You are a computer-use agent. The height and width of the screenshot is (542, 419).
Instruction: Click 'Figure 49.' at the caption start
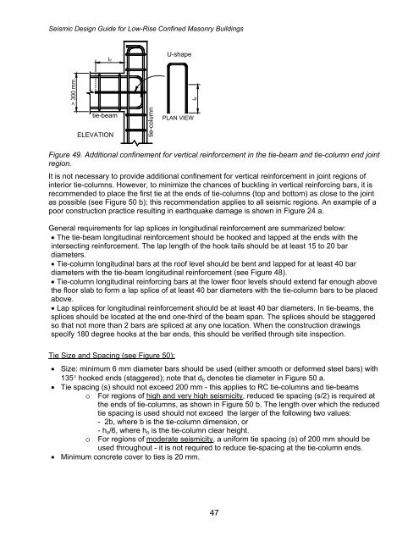(69, 157)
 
